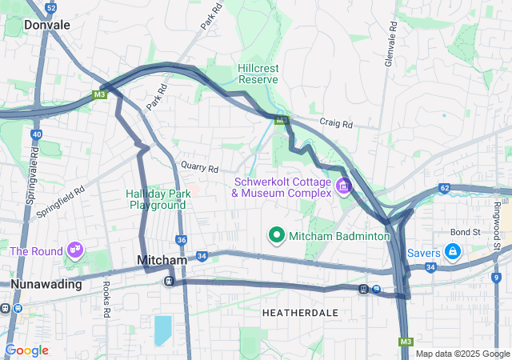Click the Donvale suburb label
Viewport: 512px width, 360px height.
[x=47, y=25]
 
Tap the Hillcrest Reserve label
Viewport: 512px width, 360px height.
[x=258, y=74]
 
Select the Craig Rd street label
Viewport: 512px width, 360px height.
[x=336, y=125]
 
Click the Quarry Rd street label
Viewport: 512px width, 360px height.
[x=199, y=169]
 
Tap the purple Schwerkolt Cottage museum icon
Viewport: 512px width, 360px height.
[x=344, y=186]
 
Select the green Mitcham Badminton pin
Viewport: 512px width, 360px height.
[x=277, y=235]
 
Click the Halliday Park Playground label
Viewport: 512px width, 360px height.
[x=157, y=199]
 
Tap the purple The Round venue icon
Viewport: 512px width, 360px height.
[x=76, y=251]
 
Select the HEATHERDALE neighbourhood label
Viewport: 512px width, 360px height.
[x=300, y=312]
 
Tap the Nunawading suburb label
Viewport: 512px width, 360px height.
[x=46, y=284]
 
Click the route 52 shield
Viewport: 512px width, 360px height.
[x=51, y=7]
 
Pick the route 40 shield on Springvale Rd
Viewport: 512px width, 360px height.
[x=37, y=135]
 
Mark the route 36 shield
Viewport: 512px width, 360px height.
[x=182, y=240]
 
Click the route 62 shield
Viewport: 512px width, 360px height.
[x=444, y=188]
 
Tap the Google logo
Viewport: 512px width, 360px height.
[x=27, y=350]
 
